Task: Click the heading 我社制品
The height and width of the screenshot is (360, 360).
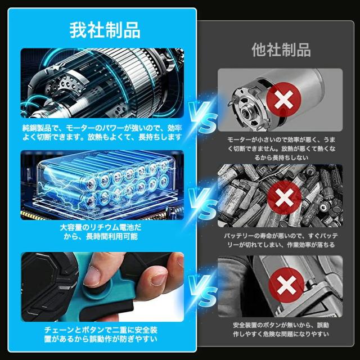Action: tap(105, 30)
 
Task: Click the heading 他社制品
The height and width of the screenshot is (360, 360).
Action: tap(281, 49)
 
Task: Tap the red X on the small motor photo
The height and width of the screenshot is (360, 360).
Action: tap(283, 100)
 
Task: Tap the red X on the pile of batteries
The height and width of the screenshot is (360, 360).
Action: tap(284, 197)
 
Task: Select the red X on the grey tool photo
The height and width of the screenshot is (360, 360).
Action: tap(286, 285)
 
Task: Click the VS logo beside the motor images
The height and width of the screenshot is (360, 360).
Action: tap(202, 117)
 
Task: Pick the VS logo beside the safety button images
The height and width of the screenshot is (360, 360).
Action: tap(202, 291)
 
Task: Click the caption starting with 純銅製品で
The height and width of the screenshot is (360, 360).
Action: tap(102, 133)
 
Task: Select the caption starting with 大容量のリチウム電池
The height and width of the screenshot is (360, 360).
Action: tap(101, 232)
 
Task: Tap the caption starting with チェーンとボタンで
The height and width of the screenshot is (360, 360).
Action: tap(101, 335)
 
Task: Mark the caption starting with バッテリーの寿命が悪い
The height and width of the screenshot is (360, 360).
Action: tap(281, 240)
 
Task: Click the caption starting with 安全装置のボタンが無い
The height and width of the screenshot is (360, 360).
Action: tap(281, 330)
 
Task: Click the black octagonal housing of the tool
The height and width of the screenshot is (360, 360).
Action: tap(49, 287)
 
